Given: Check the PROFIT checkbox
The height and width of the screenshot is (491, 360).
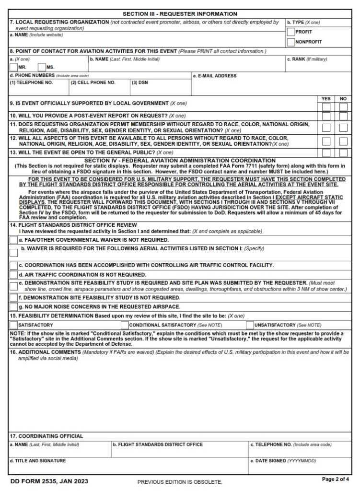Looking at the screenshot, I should [291, 32].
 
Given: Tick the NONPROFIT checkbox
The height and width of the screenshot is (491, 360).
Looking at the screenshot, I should [291, 42].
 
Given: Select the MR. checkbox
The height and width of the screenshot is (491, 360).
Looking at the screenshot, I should [13, 67].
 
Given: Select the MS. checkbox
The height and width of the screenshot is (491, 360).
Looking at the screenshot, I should [42, 67].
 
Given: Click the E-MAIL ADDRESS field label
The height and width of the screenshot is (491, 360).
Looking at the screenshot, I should [214, 76].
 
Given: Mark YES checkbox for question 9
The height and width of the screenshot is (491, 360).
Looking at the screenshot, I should [326, 106].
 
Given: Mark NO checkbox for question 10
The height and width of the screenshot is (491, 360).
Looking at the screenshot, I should [343, 116].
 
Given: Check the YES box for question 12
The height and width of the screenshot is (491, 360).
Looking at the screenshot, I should [326, 141].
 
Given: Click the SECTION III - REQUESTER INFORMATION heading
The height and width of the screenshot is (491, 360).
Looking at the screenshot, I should [180, 14].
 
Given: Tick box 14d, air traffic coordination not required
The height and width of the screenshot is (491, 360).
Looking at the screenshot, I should [13, 275].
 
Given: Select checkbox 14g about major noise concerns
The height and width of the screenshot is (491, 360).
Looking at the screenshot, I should [13, 306].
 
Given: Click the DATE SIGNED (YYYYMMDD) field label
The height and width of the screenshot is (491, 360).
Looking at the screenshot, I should [283, 461].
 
